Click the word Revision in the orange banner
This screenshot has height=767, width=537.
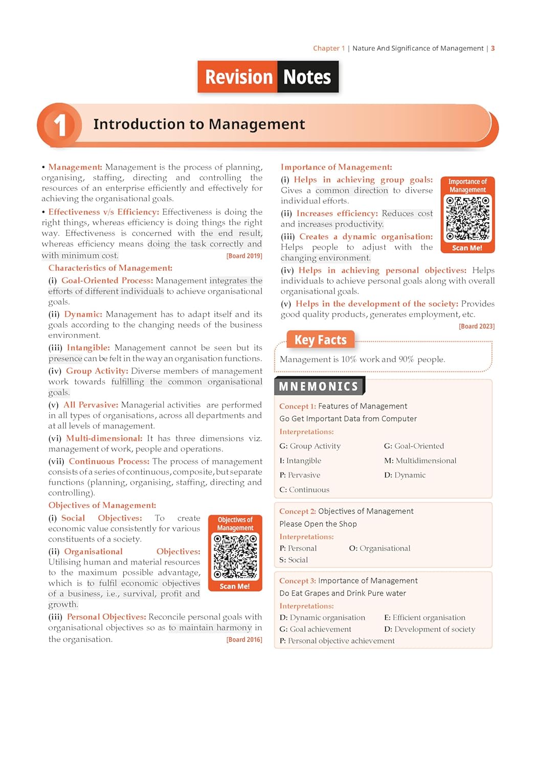[x=238, y=77]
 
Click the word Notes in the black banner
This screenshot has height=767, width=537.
[x=307, y=77]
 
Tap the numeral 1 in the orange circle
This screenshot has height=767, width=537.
[x=60, y=125]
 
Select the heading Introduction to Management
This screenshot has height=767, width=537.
[x=199, y=124]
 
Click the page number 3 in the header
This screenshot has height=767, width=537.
[x=493, y=48]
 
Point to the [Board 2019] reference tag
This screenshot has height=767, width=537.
[x=244, y=256]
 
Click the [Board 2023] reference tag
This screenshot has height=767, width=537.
[x=476, y=326]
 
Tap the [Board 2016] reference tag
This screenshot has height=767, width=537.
[x=244, y=640]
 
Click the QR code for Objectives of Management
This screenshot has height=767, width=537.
[x=235, y=557]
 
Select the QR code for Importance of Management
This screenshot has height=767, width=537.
[x=467, y=218]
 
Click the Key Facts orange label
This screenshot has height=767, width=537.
[x=320, y=340]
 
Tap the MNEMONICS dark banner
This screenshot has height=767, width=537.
[x=319, y=387]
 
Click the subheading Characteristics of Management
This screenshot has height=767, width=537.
[x=110, y=268]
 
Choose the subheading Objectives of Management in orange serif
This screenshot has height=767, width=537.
[x=102, y=505]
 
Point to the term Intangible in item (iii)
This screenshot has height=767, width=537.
[x=88, y=348]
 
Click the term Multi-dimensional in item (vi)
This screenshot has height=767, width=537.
[x=104, y=438]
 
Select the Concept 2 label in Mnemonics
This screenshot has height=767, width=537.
[x=297, y=511]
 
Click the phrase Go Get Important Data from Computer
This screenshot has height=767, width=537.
[x=348, y=419]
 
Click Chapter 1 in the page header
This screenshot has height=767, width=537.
[x=329, y=48]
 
